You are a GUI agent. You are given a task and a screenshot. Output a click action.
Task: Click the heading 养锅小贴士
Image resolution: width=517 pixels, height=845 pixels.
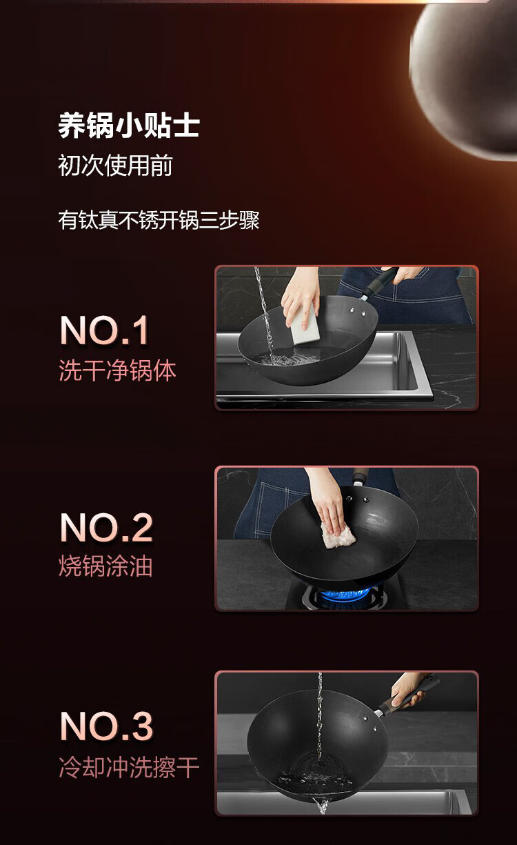(129, 126)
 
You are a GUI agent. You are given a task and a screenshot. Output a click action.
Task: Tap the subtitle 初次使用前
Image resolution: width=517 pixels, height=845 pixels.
(115, 166)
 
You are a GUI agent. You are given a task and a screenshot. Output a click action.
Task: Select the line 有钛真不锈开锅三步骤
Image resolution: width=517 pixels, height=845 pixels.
(159, 220)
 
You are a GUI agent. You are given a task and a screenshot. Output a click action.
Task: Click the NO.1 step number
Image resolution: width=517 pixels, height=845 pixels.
(104, 330)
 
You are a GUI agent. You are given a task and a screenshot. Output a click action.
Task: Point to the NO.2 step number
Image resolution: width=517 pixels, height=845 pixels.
(106, 528)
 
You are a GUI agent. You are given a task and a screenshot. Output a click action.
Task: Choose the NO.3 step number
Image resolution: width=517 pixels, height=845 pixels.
(106, 726)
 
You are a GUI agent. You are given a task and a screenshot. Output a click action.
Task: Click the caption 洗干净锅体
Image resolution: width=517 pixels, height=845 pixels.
(117, 370)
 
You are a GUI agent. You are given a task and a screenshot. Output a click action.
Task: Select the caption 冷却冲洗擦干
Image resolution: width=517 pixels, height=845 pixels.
(129, 767)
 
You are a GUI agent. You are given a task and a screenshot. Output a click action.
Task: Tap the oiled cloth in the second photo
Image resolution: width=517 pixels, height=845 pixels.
(338, 536)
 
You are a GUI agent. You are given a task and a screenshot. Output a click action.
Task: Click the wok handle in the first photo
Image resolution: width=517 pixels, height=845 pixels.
(380, 284)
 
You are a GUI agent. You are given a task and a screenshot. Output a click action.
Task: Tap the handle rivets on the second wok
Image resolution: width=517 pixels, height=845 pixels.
(357, 499)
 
